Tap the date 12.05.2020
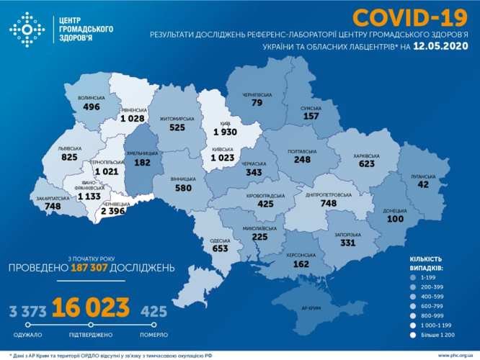click(442, 47)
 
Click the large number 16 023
click(91, 308)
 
